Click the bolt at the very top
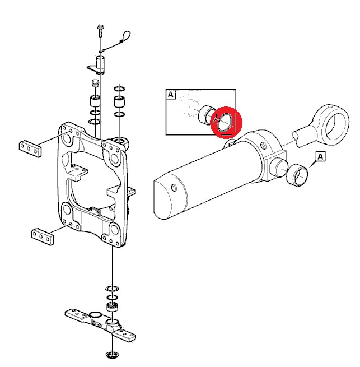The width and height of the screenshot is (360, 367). [x=100, y=30]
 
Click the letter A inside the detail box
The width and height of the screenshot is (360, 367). [x=171, y=95]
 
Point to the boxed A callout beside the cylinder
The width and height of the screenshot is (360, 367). [x=320, y=156]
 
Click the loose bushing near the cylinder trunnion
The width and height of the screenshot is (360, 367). [x=297, y=175]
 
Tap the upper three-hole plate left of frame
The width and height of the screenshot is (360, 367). [x=30, y=148]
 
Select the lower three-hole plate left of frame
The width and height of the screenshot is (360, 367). [x=43, y=236]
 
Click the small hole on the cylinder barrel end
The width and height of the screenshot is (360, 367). [x=174, y=187]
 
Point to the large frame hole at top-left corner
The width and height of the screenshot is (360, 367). [x=67, y=140]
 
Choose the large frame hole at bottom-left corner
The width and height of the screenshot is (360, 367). [x=67, y=210]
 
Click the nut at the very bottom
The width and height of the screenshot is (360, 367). [x=113, y=354]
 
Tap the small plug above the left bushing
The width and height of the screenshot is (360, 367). [x=95, y=83]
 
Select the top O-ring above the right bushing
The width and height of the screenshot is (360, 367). [x=119, y=89]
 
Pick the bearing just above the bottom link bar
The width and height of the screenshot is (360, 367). [x=113, y=307]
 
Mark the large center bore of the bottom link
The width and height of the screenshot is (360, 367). [x=95, y=314]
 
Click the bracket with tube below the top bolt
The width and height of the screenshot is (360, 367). [x=97, y=65]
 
